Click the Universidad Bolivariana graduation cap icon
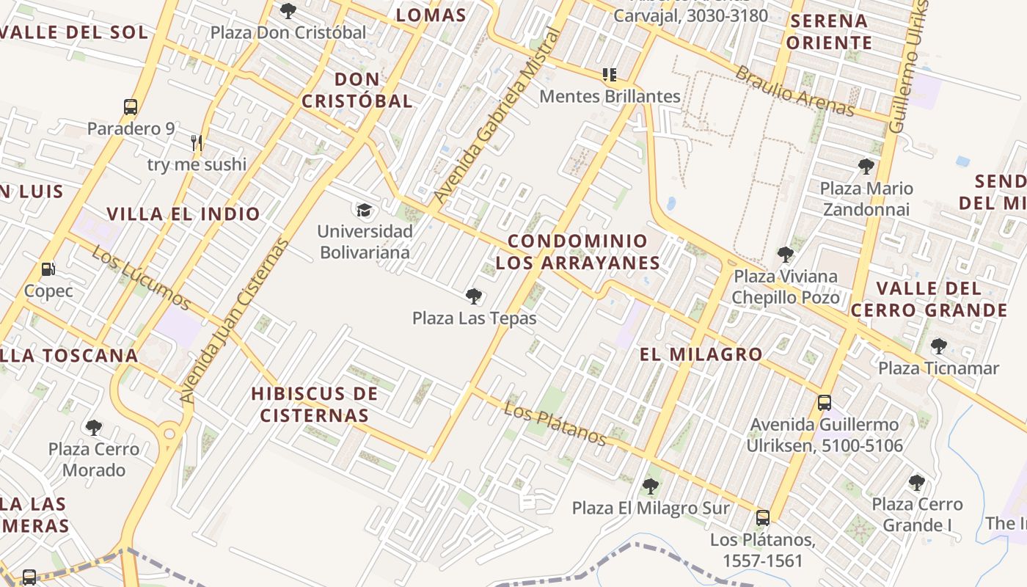[x=364, y=211]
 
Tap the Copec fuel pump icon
[x=48, y=269]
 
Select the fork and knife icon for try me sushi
[x=197, y=142]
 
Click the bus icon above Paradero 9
[x=131, y=107]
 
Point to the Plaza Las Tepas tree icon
[x=474, y=296]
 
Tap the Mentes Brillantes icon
[x=609, y=74]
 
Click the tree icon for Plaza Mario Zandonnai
[x=866, y=167]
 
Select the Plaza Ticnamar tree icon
[x=938, y=346]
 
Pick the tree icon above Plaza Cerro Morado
[x=93, y=427]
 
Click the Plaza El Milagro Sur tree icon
[x=650, y=486]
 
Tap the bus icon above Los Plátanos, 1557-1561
[x=763, y=518]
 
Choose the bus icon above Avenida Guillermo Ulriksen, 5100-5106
[x=825, y=402]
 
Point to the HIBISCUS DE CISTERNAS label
[x=315, y=404]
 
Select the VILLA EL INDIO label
[x=183, y=214]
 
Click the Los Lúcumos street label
[x=142, y=278]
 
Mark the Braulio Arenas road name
[x=795, y=91]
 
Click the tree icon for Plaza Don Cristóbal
[x=288, y=11]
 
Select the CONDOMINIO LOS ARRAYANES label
[x=577, y=252]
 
